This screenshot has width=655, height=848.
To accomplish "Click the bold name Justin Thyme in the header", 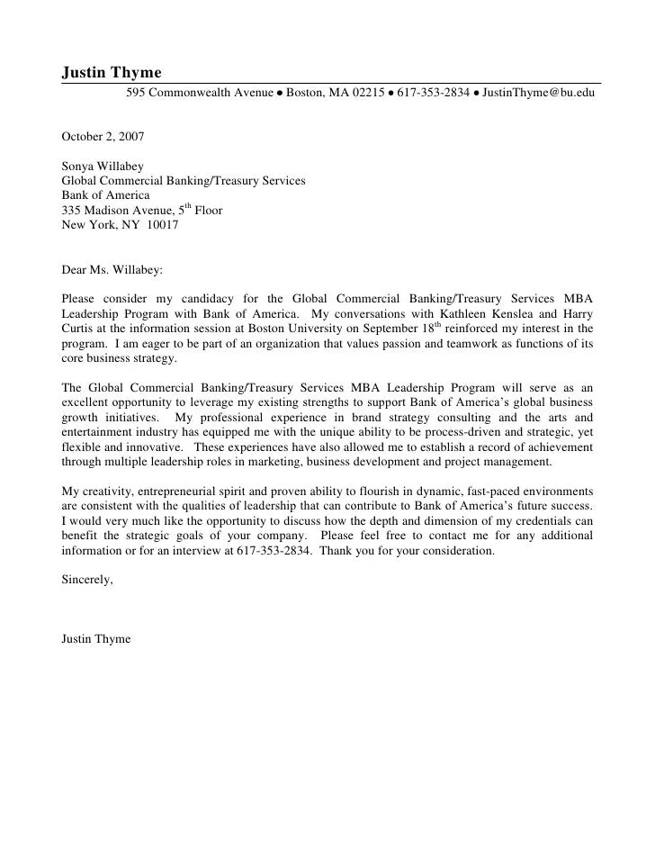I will click(111, 72).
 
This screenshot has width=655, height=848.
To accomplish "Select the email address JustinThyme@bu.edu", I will click(538, 93).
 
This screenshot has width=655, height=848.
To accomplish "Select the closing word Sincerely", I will click(87, 580).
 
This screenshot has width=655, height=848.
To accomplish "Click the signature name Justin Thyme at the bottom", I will click(95, 639).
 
